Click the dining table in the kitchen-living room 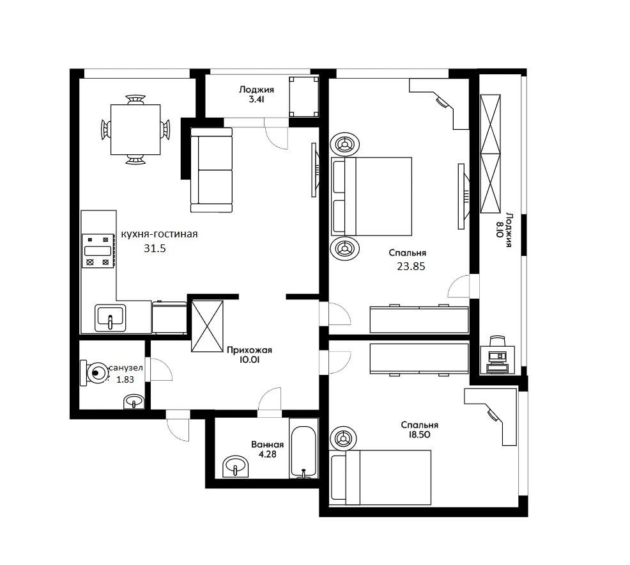(x=135, y=129)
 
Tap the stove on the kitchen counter (x=98, y=251)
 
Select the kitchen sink (x=110, y=318)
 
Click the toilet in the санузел (x=95, y=373)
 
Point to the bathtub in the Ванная (x=303, y=452)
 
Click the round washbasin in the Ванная (x=235, y=466)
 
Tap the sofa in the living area (x=211, y=170)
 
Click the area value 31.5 (x=155, y=248)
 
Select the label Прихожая (x=249, y=350)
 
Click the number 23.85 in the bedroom (x=411, y=266)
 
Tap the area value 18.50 (x=419, y=434)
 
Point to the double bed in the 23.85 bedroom (x=371, y=196)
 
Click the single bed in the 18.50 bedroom (x=380, y=477)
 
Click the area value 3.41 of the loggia (x=256, y=99)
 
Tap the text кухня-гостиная (x=159, y=234)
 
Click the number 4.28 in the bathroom (x=268, y=454)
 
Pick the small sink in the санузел (x=134, y=401)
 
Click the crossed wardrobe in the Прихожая (x=207, y=326)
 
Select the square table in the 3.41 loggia (x=304, y=97)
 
